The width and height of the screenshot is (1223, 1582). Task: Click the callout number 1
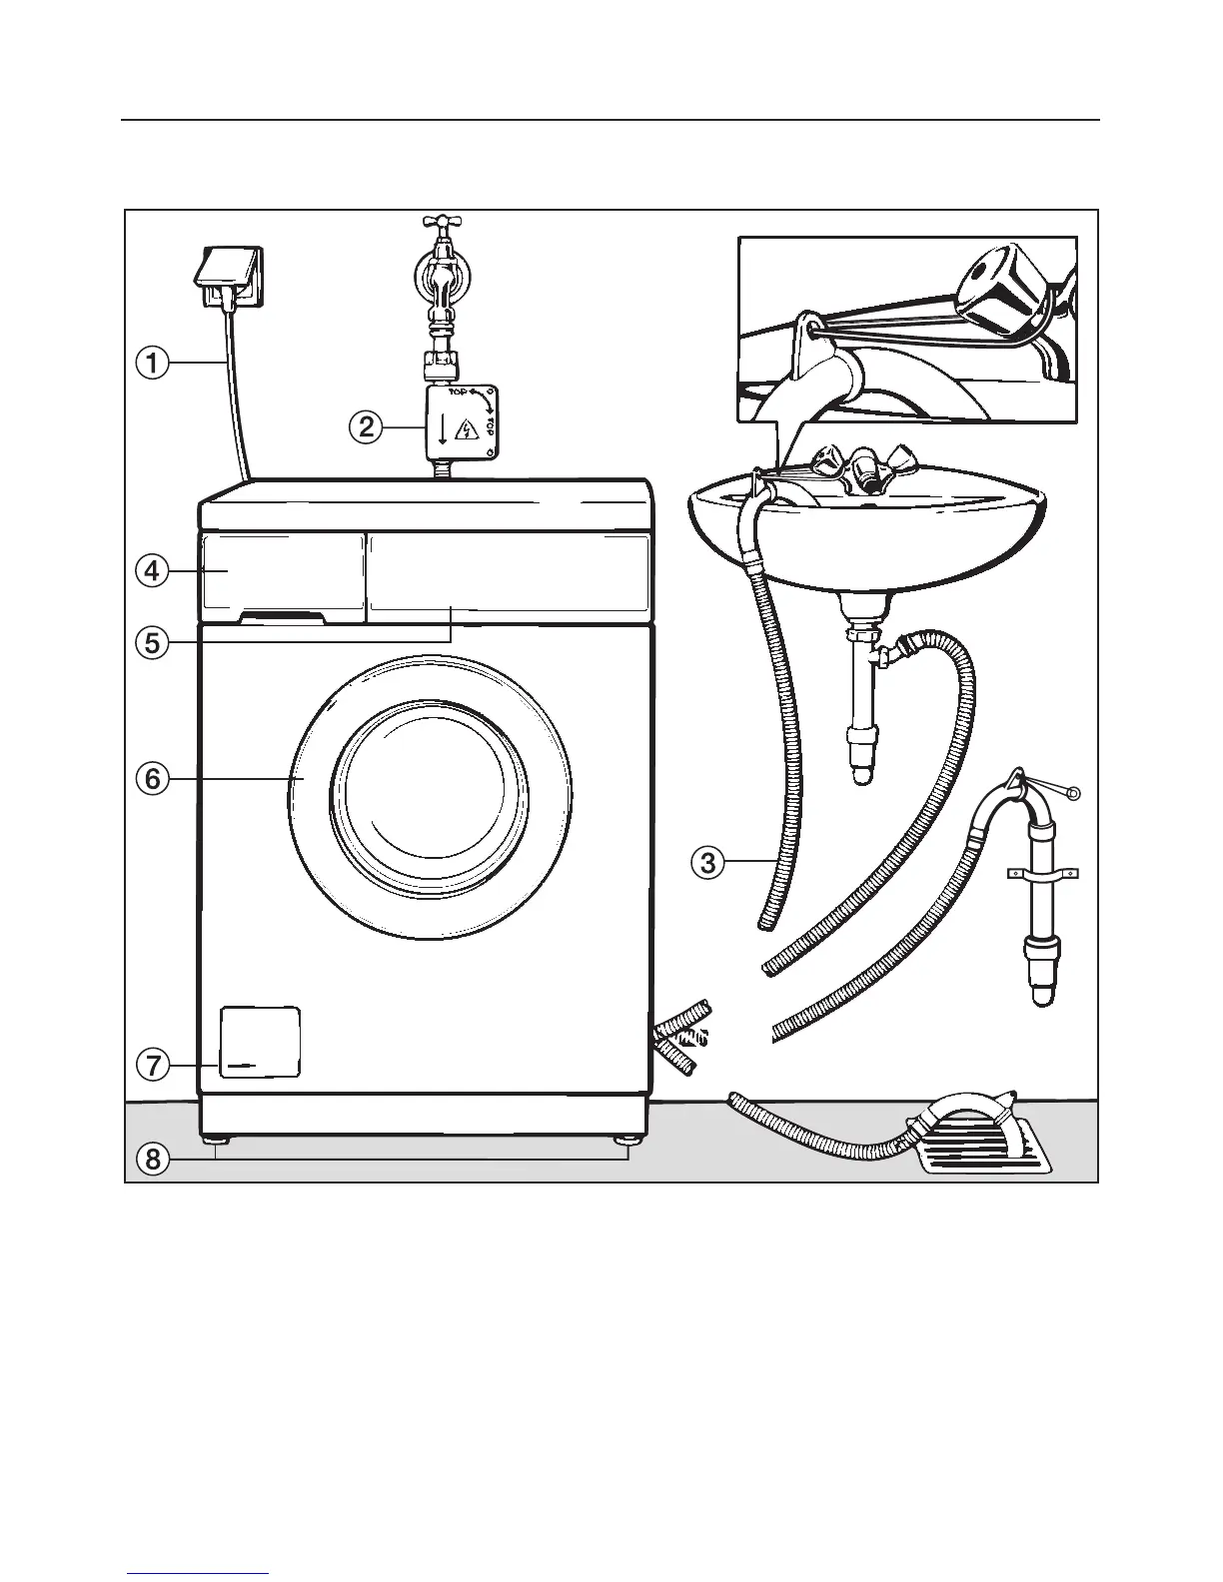coord(152,363)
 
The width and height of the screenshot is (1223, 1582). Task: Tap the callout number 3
coord(707,861)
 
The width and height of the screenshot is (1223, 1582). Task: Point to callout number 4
coord(152,571)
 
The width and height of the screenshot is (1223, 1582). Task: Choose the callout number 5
coord(152,642)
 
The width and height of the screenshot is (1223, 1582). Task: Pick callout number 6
coord(152,778)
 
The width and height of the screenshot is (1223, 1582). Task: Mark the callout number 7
coord(152,1066)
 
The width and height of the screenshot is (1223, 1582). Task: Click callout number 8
coord(152,1159)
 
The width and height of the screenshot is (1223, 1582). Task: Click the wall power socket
coord(228,274)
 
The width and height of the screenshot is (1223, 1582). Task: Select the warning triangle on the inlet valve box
coord(466,430)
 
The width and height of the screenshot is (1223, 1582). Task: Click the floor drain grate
coord(984,1149)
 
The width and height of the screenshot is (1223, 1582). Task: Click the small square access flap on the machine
coord(260,1042)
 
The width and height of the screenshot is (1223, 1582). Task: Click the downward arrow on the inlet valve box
coord(442,430)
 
